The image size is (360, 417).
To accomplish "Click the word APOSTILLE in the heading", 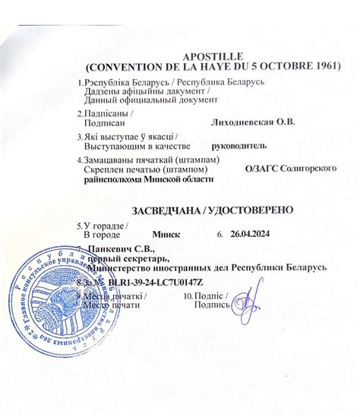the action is [214, 56].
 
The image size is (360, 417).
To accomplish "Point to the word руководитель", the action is [239, 144].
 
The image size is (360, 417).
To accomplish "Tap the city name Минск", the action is [166, 235].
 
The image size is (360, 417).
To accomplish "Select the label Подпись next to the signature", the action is [211, 305].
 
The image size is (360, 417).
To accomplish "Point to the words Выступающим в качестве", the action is [132, 145].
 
